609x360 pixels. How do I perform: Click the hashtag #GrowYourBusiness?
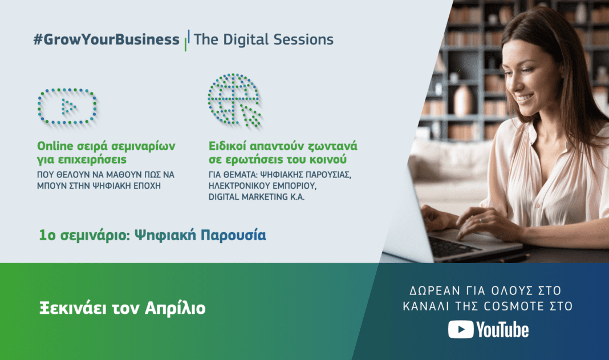(107, 40)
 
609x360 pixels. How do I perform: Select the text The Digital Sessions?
(263, 39)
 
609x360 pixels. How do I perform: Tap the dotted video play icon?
(67, 106)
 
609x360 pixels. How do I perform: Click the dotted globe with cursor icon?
(234, 100)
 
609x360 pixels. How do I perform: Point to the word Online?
(55, 146)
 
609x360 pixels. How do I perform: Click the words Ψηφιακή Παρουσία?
(200, 235)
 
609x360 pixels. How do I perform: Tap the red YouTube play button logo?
(460, 330)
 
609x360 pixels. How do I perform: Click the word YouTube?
(502, 330)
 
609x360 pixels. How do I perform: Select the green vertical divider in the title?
(186, 41)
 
